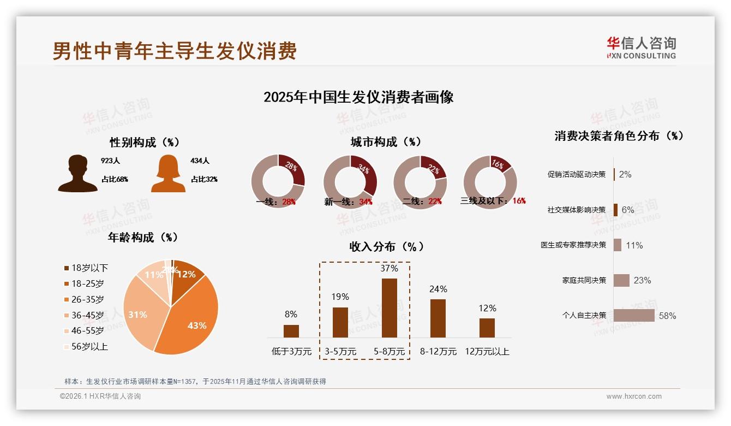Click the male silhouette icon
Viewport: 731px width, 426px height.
coord(77,174)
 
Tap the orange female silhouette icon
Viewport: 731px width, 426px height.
coord(168,174)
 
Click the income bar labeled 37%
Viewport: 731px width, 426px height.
coord(389,308)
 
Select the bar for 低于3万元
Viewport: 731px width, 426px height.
coord(291,331)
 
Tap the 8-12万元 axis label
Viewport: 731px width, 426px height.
coord(438,351)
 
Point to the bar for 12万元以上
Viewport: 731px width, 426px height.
coord(487,328)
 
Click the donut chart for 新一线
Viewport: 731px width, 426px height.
coord(350,181)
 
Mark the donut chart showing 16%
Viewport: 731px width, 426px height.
coord(490,181)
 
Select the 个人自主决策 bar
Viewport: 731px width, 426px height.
coord(634,315)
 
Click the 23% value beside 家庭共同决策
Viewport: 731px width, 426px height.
coord(642,280)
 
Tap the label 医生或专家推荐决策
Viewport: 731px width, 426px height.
coord(573,245)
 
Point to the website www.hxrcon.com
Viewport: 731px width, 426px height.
coord(634,397)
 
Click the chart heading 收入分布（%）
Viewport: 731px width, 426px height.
coord(386,247)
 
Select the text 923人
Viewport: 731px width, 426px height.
coord(110,161)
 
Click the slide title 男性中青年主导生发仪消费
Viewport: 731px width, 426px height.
coord(175,51)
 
